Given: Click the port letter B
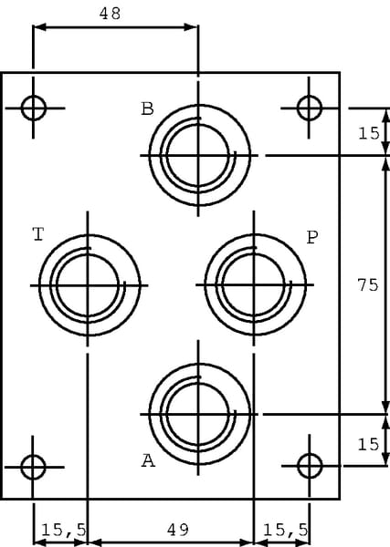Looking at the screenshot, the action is (147, 108).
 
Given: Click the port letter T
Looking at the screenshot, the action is (38, 234).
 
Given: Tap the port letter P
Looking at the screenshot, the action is (312, 238).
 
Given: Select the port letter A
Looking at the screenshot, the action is (148, 460).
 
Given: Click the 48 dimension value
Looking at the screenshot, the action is (111, 14).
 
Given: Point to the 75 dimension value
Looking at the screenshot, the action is (368, 285).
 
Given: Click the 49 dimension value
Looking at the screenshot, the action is (178, 530).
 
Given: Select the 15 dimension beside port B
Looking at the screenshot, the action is (369, 133).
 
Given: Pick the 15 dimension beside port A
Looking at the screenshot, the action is (368, 445).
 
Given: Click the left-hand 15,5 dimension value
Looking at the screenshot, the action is (64, 531).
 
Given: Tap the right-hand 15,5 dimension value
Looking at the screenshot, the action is (286, 531).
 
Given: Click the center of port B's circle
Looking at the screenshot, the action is (199, 155).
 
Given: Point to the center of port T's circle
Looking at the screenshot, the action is (88, 285).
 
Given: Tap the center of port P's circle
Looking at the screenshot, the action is (254, 285).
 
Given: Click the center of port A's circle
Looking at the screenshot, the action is (199, 415).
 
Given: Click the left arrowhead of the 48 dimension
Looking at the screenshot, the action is (39, 26).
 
